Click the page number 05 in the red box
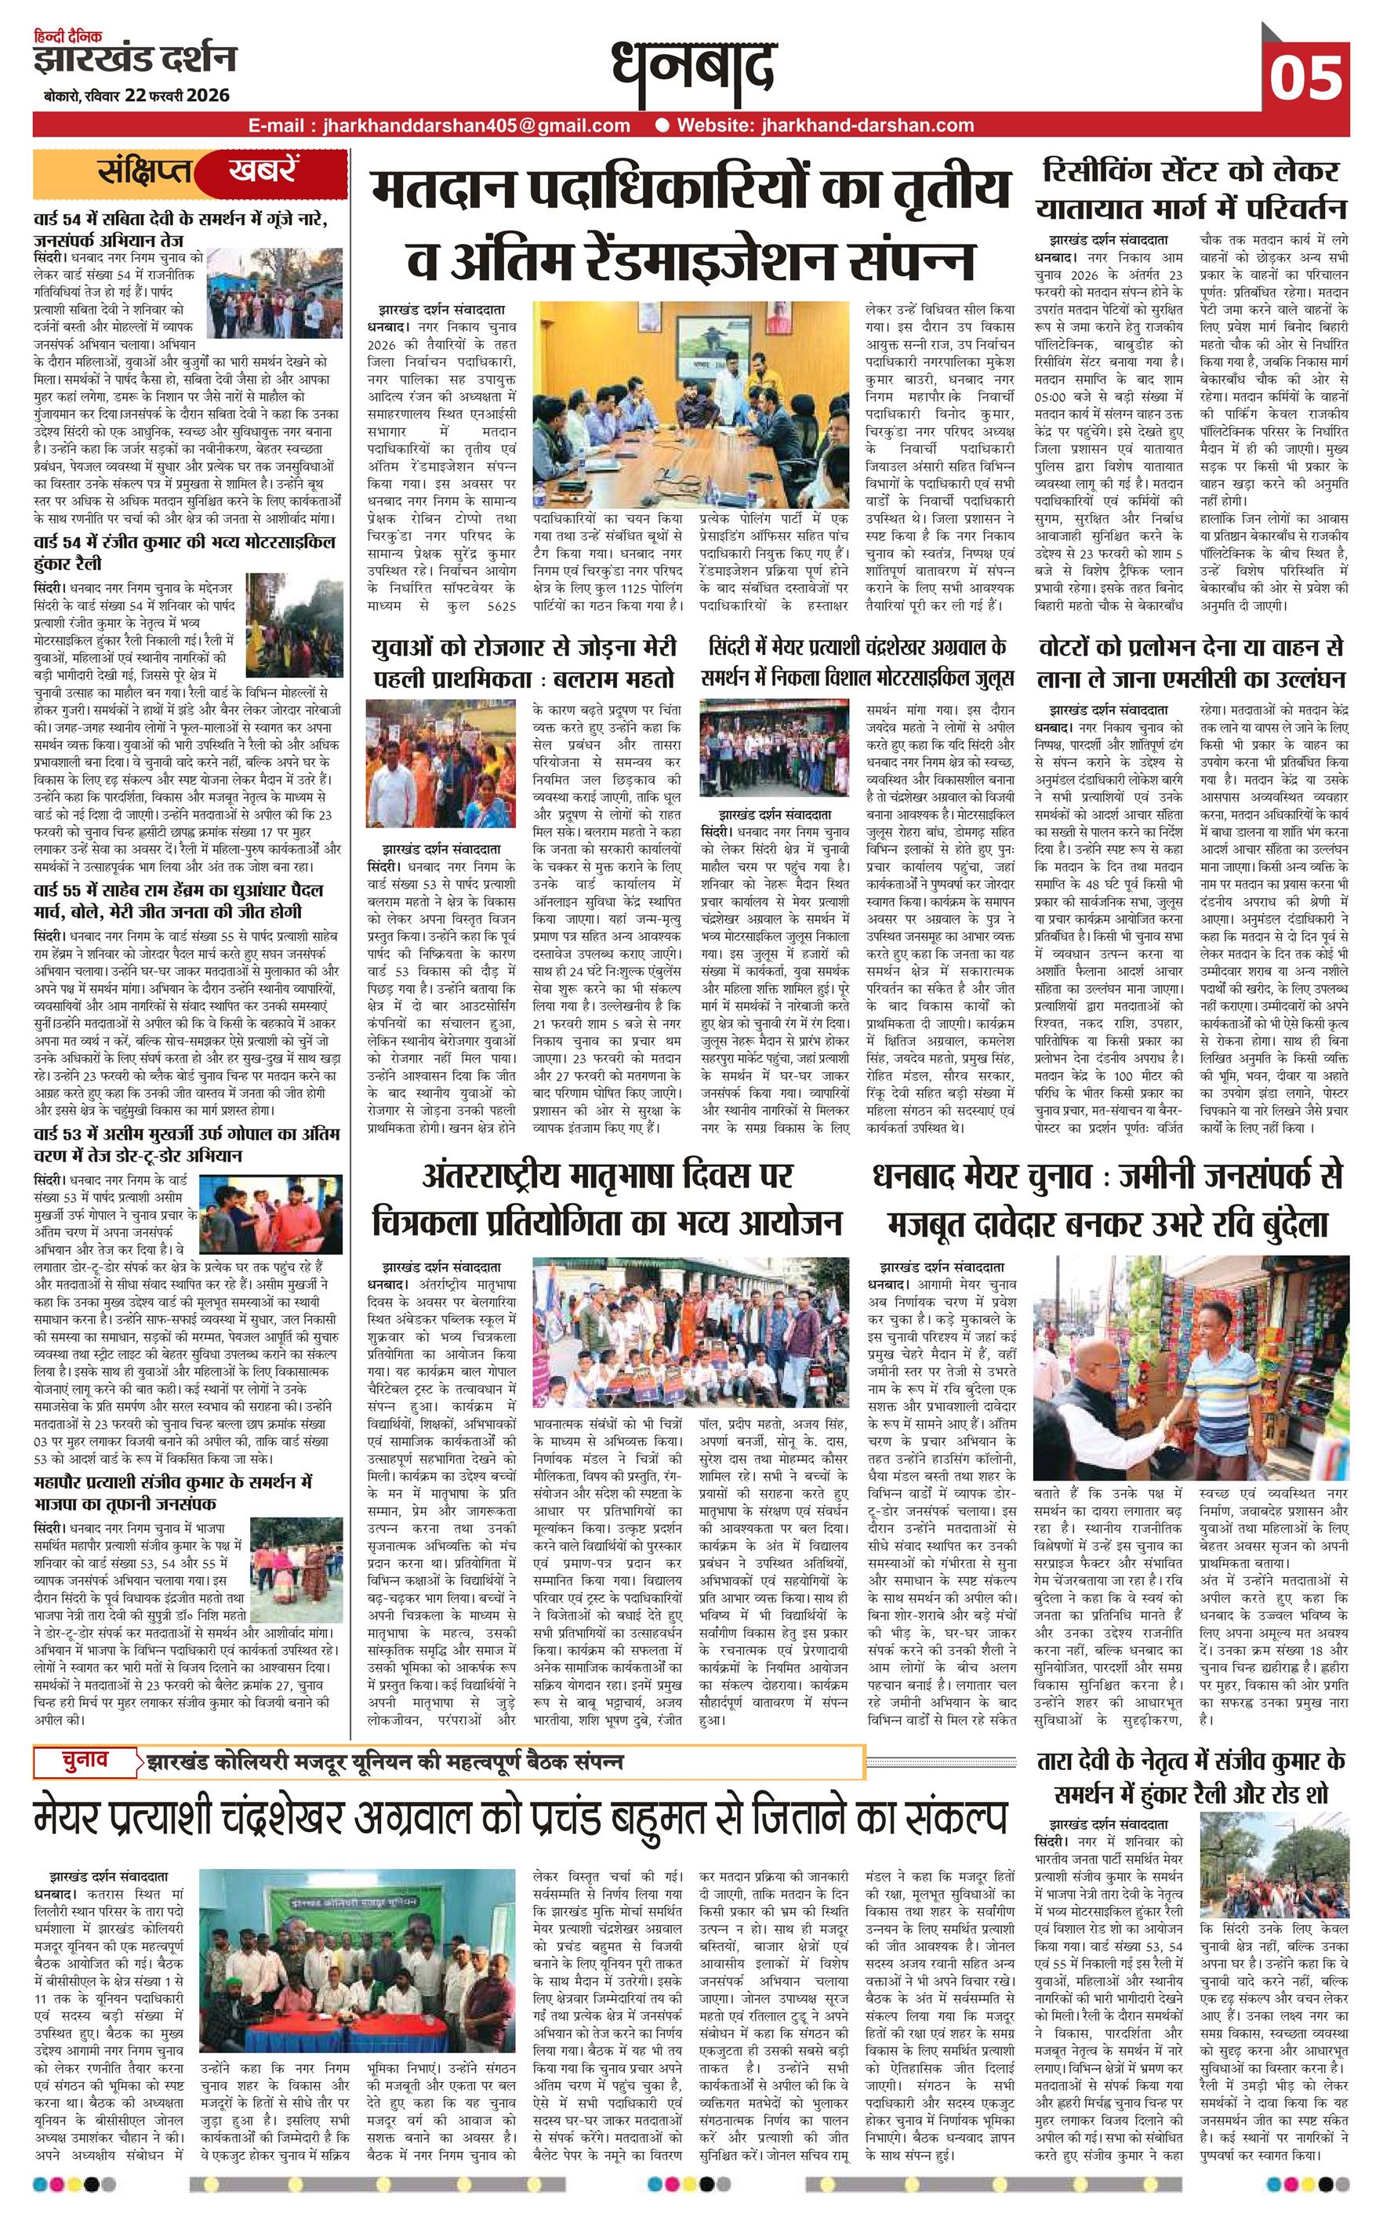[1306, 77]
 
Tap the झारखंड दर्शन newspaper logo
[135, 60]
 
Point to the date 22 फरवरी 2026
[180, 95]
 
